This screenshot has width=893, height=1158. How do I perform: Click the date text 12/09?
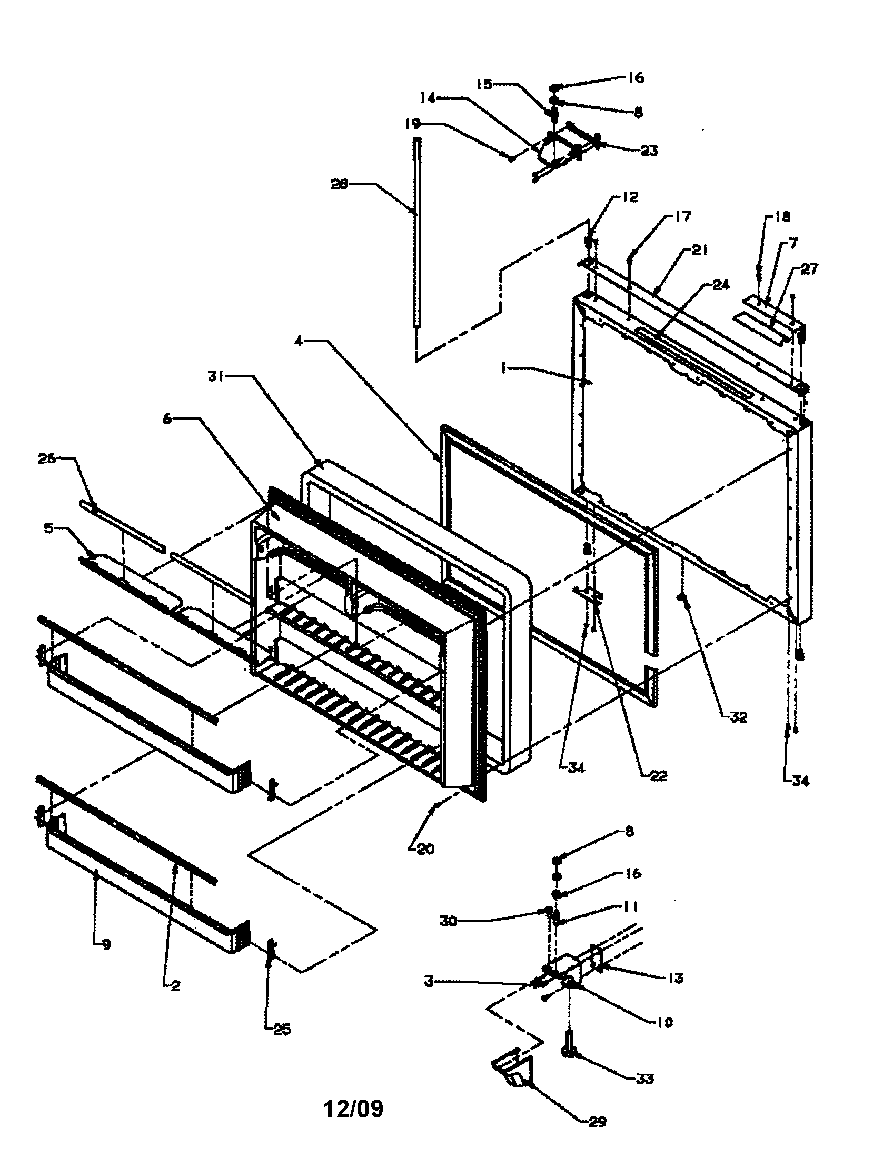click(353, 1109)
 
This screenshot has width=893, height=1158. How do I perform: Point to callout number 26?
click(47, 458)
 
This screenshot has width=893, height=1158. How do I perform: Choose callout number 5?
click(49, 528)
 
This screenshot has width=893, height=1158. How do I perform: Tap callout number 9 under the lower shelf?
click(106, 945)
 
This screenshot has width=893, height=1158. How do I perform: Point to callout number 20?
click(425, 849)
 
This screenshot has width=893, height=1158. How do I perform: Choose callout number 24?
click(721, 286)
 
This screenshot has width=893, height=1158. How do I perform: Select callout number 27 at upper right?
click(809, 269)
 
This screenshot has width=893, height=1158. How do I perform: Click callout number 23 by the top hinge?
click(649, 151)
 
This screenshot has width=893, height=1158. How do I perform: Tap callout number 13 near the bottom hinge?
click(675, 978)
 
